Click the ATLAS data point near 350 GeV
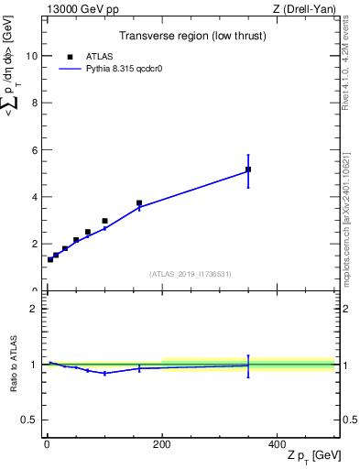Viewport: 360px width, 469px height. tap(248, 169)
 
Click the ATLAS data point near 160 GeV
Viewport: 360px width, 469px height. tap(139, 203)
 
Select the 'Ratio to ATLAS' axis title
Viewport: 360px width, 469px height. tap(12, 364)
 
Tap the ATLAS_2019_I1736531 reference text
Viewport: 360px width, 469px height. tap(191, 274)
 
